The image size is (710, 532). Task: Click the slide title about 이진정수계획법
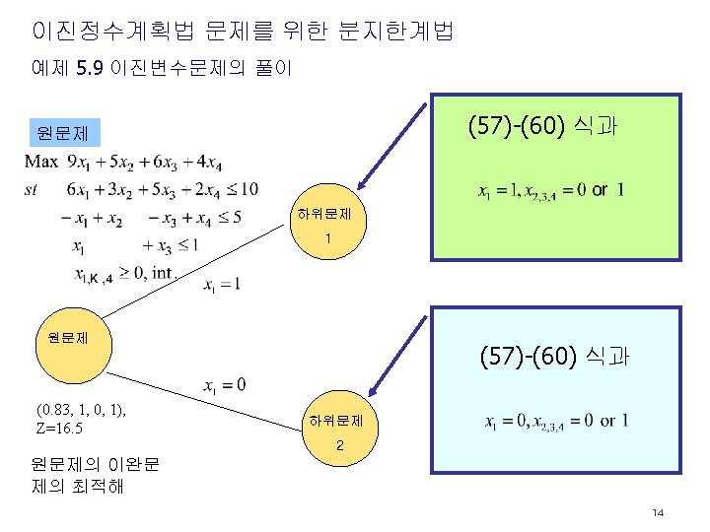click(243, 32)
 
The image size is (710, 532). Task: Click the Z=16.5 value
click(58, 430)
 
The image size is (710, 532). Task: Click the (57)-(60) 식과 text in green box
click(542, 126)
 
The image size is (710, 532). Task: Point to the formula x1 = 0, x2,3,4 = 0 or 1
click(556, 421)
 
